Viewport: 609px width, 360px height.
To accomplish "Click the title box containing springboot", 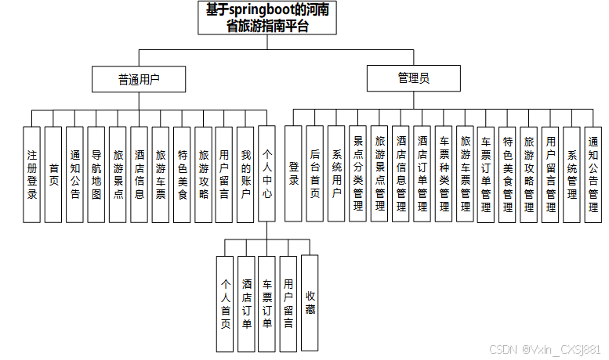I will point(268,17).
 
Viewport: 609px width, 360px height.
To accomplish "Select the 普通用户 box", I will point(140,79).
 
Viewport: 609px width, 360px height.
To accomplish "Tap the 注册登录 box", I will point(32,174).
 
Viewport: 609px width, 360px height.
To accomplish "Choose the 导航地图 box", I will point(96,174).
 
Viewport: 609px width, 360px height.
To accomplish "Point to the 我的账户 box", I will point(245,174).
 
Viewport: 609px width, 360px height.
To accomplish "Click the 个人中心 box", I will point(267,174).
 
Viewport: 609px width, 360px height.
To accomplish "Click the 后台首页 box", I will point(315,174).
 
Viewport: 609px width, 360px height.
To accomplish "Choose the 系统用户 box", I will point(337,174).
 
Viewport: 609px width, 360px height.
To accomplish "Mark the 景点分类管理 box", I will point(358,174).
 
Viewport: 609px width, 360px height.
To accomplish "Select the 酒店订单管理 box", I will point(422,174).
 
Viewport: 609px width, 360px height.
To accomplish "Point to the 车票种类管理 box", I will point(444,174).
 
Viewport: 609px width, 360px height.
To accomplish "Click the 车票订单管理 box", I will point(486,174).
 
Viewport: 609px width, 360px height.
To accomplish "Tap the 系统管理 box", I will point(571,174).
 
